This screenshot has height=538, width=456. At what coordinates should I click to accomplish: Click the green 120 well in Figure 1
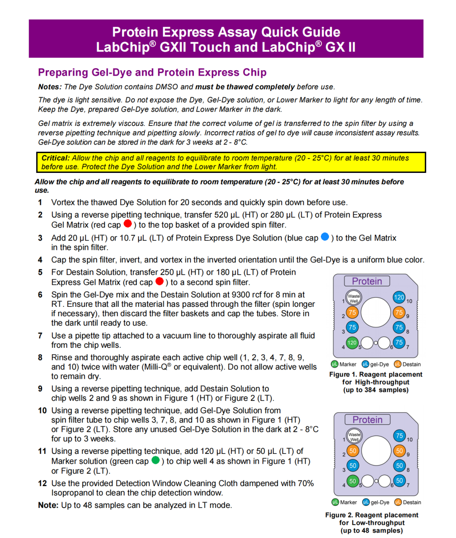352,343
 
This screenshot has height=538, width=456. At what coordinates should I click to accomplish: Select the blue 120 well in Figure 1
399,297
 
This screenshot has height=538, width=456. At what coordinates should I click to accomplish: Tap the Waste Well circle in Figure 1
354,298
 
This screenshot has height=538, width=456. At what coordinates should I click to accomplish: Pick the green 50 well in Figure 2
353,481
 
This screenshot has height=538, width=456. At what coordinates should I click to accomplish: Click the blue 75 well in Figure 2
399,436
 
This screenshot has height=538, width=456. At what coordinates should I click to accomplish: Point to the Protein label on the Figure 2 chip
367,420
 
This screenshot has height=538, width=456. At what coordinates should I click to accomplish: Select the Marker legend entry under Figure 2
345,502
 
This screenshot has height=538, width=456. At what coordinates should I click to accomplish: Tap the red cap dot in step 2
128,223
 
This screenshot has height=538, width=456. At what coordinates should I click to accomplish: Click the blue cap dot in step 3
325,237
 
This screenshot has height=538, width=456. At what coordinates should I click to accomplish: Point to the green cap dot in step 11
155,460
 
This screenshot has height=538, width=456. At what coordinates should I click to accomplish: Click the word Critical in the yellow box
55,158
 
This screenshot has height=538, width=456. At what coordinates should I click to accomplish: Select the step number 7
40,336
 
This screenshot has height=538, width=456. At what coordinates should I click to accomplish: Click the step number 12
42,483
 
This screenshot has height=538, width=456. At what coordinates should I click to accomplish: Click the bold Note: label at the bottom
48,505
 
